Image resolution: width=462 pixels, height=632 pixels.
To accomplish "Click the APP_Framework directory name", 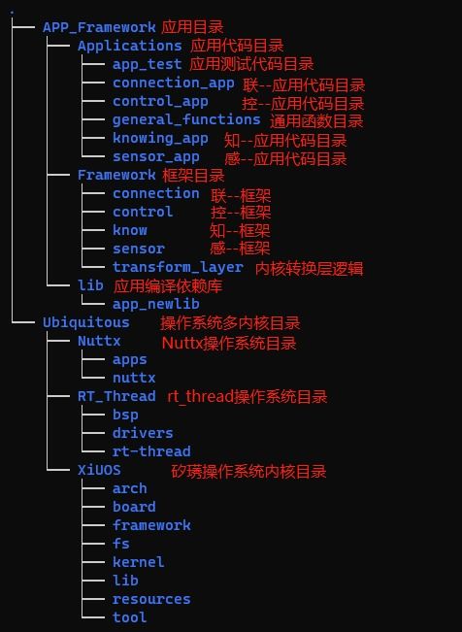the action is click(99, 27).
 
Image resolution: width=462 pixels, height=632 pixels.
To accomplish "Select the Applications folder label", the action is click(130, 46).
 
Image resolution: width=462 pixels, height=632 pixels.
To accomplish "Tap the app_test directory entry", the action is click(148, 64).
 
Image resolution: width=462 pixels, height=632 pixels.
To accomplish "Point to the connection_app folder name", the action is click(174, 83).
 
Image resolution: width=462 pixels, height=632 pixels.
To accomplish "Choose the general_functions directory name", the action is click(186, 119).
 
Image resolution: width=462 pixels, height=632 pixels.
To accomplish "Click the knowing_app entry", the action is click(160, 138).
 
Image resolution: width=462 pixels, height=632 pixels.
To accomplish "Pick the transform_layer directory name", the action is click(178, 267).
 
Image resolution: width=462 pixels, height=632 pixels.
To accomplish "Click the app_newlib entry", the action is click(156, 304).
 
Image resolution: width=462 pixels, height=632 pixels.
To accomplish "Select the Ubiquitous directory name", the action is click(86, 322).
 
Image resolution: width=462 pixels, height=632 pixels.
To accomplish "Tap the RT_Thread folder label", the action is click(116, 396).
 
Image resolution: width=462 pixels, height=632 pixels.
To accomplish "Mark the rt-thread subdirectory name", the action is click(151, 451).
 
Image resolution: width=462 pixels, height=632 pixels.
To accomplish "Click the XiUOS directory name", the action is click(99, 470).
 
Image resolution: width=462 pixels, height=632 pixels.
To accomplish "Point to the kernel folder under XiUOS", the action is click(138, 562).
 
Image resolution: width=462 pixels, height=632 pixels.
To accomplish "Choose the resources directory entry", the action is click(151, 599).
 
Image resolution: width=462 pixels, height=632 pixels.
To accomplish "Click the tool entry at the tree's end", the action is click(130, 617).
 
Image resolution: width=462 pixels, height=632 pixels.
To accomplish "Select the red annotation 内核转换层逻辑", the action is click(310, 269).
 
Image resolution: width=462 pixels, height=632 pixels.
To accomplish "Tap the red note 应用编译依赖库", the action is click(168, 286).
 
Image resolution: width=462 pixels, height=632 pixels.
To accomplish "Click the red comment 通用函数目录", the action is click(316, 121).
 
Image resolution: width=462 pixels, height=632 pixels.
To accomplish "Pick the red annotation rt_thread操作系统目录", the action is click(247, 397).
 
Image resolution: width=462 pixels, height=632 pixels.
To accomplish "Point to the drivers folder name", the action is click(143, 433).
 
